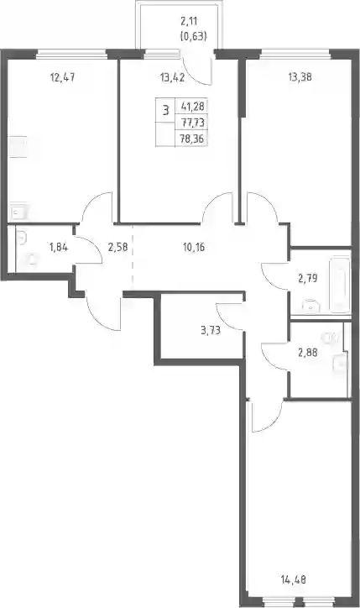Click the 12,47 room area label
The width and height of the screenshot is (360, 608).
62,77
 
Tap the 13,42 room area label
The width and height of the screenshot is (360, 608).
172,77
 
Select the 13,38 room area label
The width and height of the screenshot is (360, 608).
300,77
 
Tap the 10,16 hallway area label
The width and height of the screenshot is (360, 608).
193,247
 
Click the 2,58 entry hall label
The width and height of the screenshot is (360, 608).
118,247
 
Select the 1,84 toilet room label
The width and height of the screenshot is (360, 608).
59,247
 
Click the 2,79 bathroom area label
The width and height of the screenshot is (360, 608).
308,278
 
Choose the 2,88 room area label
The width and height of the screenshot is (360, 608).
308,353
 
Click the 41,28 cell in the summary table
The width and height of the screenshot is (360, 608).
192,106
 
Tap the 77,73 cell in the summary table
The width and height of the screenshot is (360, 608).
192,123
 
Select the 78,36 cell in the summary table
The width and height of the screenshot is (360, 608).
192,139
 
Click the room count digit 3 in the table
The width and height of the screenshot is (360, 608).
166,111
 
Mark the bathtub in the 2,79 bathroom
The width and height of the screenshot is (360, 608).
340,284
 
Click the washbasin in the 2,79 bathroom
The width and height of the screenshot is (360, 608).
311,306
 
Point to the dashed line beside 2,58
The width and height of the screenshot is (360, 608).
133,256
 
